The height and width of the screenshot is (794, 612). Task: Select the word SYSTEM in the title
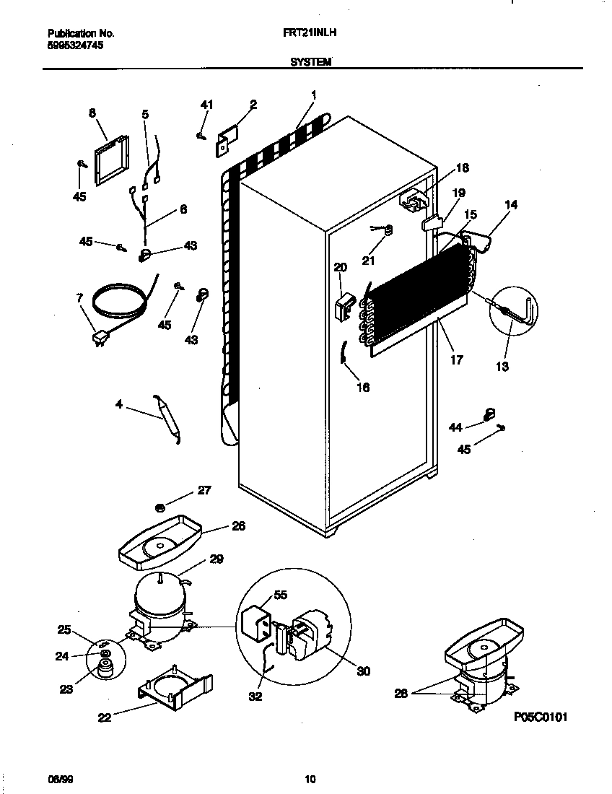310,62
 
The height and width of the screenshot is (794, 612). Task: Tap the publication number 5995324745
76,44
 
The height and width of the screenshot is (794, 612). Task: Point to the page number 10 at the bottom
310,778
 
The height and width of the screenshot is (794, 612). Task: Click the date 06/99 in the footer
58,778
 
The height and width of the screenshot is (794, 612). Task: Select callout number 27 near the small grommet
205,492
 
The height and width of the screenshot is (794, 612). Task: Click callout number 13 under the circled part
502,367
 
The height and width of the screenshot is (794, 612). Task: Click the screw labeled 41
201,135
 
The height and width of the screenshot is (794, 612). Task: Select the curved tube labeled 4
167,419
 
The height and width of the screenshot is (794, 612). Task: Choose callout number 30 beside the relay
363,671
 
